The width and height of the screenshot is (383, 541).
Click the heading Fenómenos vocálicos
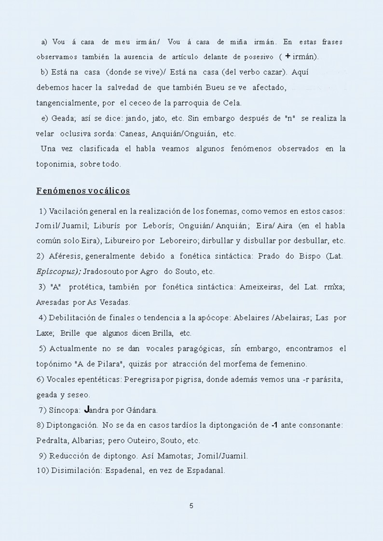coord(83,191)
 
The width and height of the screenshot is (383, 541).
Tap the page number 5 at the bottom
coord(191,505)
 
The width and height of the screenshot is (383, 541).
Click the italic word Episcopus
coord(55,272)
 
